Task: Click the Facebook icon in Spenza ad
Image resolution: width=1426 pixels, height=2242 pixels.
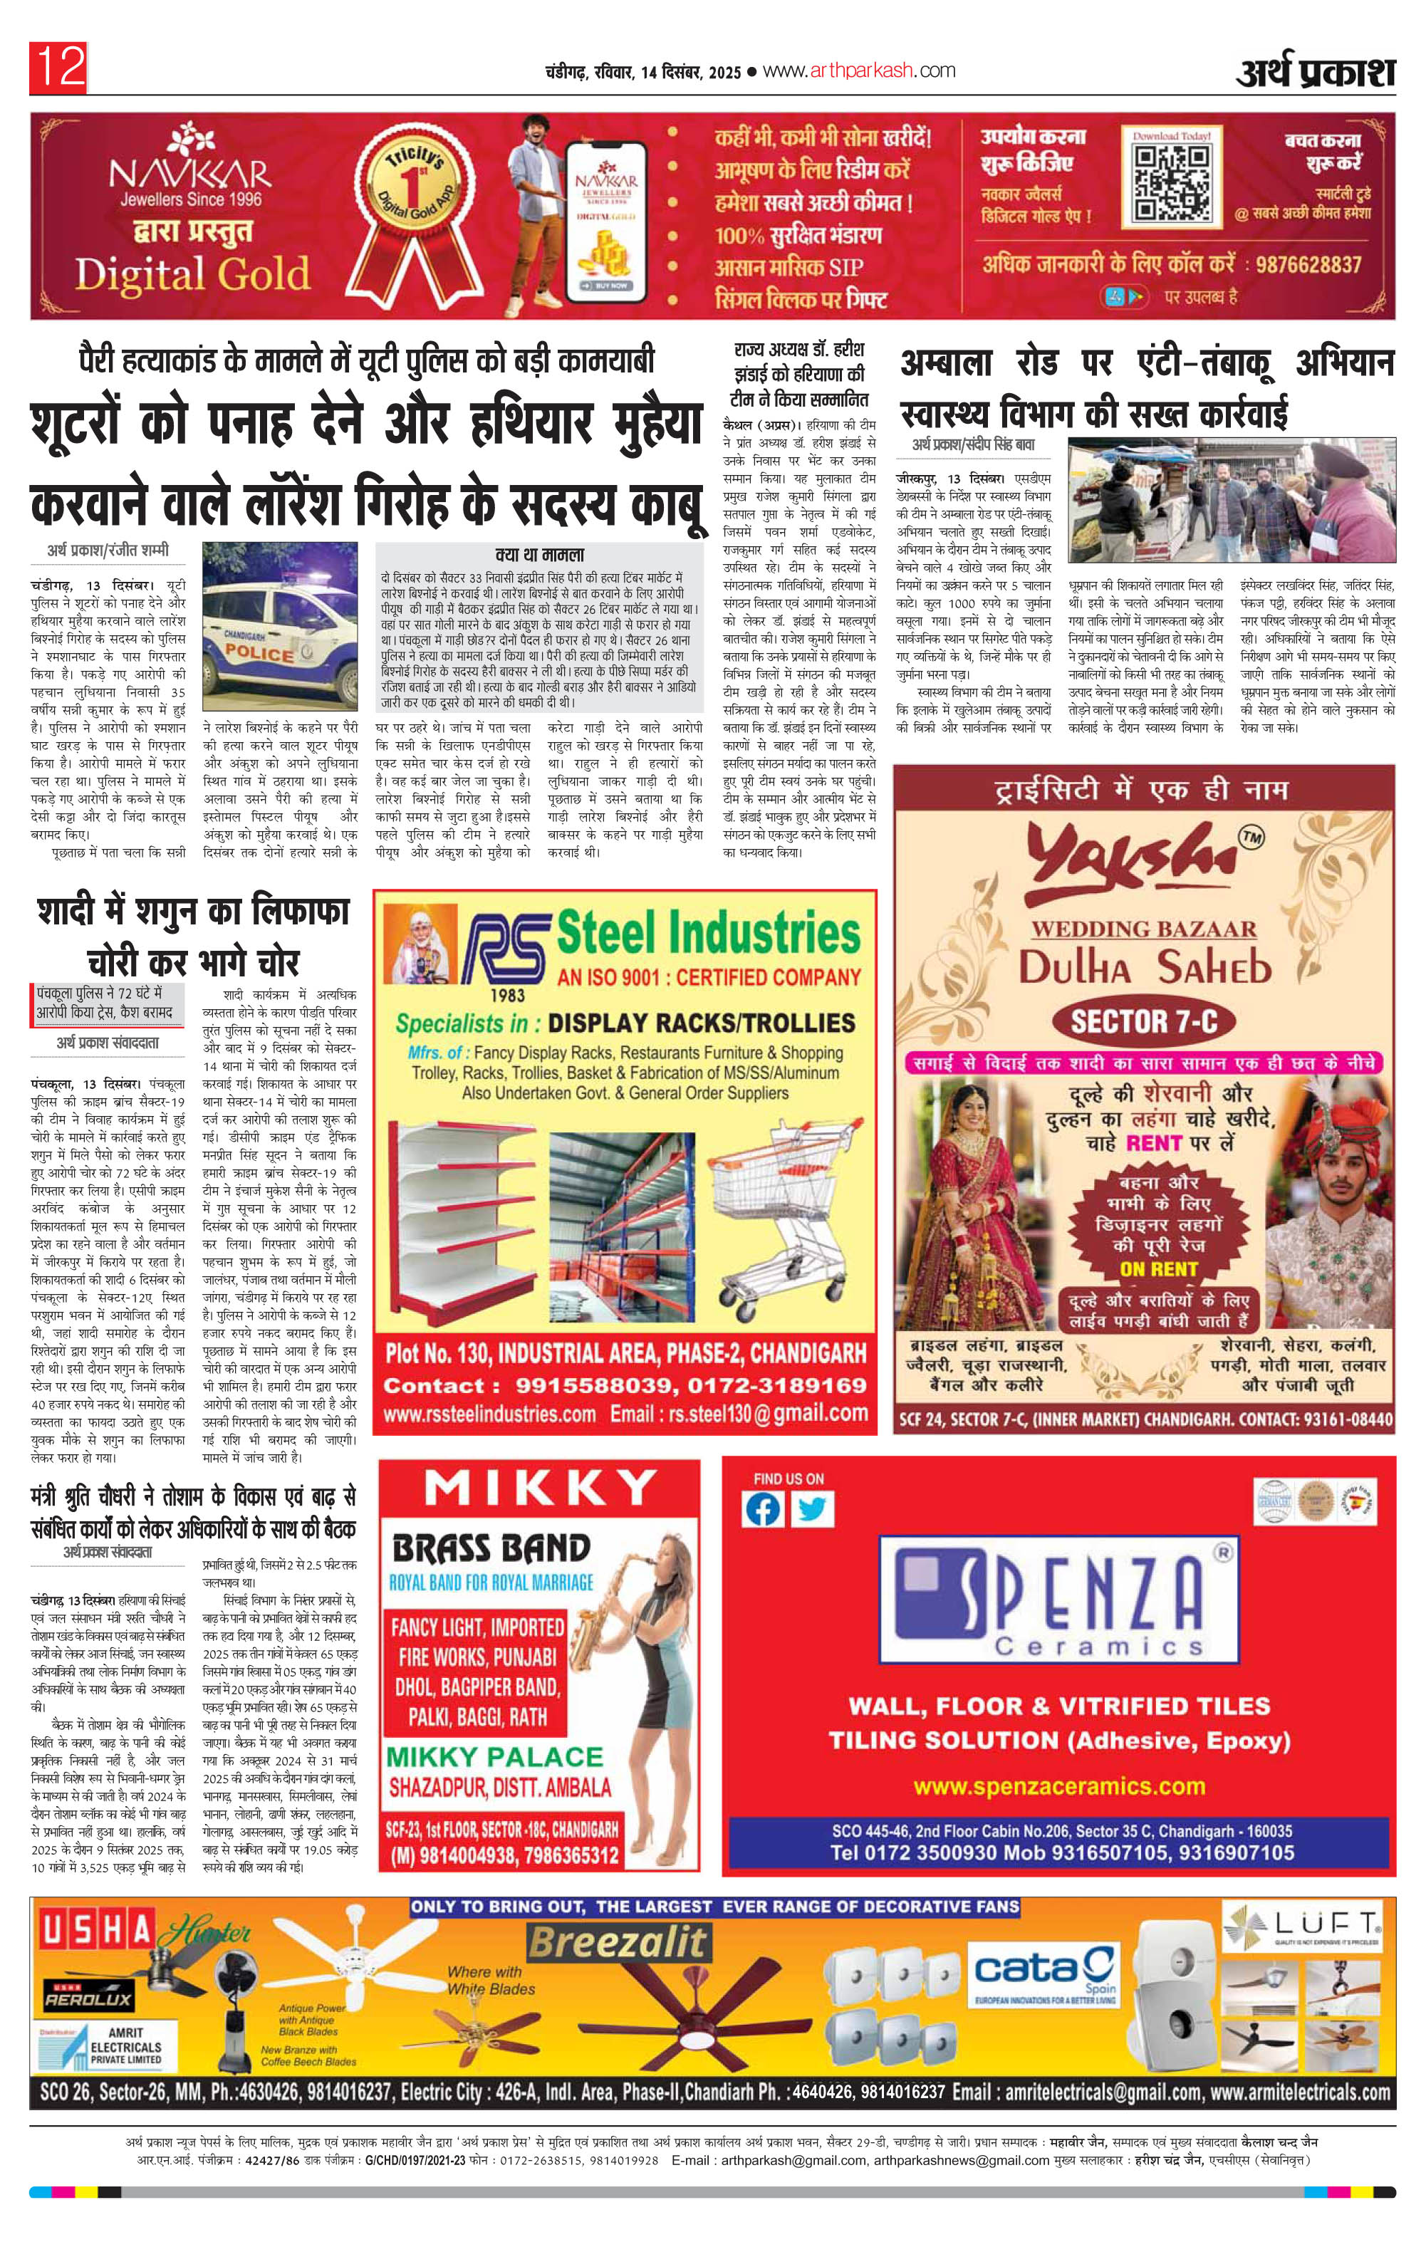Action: [x=763, y=1510]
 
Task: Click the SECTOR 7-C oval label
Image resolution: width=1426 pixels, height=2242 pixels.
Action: [x=1144, y=1021]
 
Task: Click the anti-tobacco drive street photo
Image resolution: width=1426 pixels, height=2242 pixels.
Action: [x=1232, y=501]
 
